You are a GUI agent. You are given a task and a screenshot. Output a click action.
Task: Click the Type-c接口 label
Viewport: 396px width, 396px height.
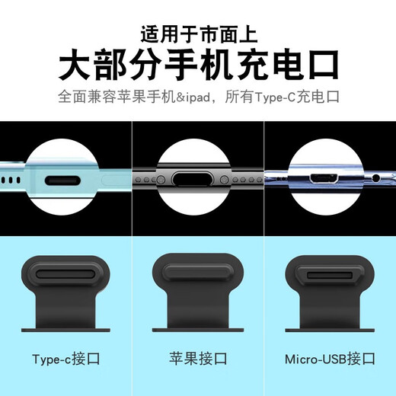tap(65, 359)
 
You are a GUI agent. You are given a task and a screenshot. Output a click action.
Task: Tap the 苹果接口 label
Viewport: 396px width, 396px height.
tap(198, 359)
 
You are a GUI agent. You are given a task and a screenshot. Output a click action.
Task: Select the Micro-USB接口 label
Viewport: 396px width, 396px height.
tap(331, 359)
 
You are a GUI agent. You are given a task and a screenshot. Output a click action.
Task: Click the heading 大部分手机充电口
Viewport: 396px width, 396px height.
tap(198, 64)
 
